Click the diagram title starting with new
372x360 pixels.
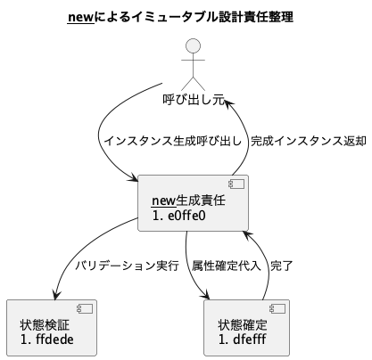(x=186, y=17)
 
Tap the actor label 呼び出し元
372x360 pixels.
(x=194, y=99)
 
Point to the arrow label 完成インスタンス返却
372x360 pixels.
(x=308, y=141)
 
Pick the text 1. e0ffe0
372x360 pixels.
(x=181, y=215)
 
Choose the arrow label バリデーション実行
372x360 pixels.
(x=127, y=266)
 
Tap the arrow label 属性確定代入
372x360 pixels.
(x=227, y=266)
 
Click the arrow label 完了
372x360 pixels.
(x=281, y=266)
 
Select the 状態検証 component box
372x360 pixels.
(x=51, y=329)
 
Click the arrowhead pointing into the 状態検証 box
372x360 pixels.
(x=56, y=296)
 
